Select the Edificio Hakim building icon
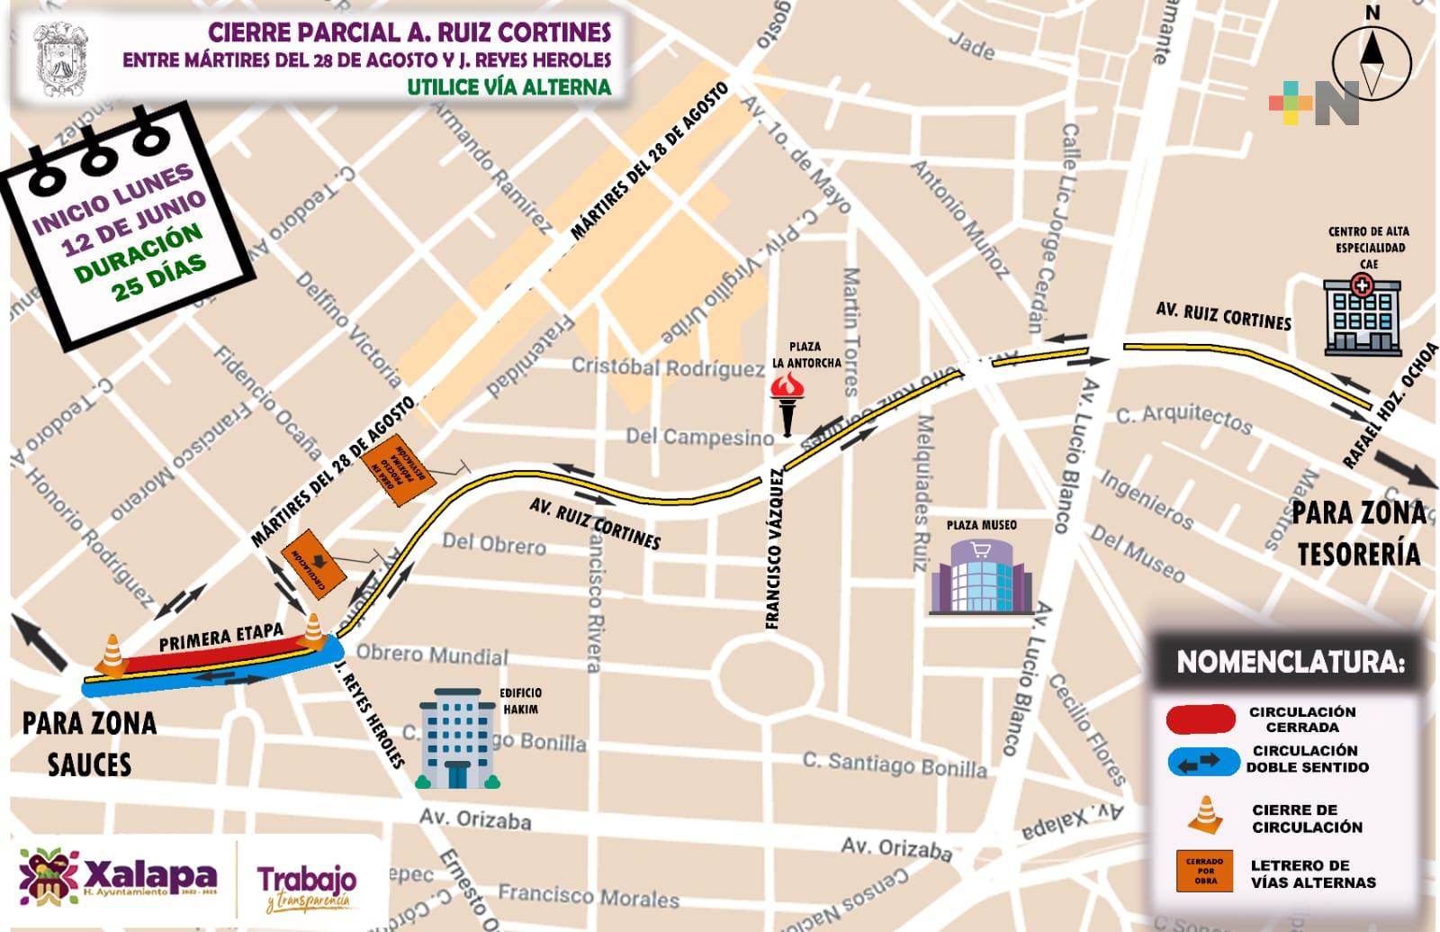click(x=457, y=738)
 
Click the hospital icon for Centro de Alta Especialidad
click(x=1362, y=316)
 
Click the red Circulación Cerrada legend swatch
click(x=1201, y=719)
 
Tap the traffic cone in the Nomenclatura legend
click(x=1205, y=814)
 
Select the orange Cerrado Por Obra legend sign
click(x=1204, y=871)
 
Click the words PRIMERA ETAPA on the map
click(x=220, y=637)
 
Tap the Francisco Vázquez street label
click(x=774, y=548)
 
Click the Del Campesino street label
click(x=699, y=437)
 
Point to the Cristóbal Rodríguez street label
click(x=668, y=367)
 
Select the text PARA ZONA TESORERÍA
click(x=1359, y=533)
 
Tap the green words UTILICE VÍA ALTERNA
click(x=508, y=87)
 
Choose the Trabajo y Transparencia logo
click(x=307, y=887)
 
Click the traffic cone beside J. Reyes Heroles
click(x=313, y=630)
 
